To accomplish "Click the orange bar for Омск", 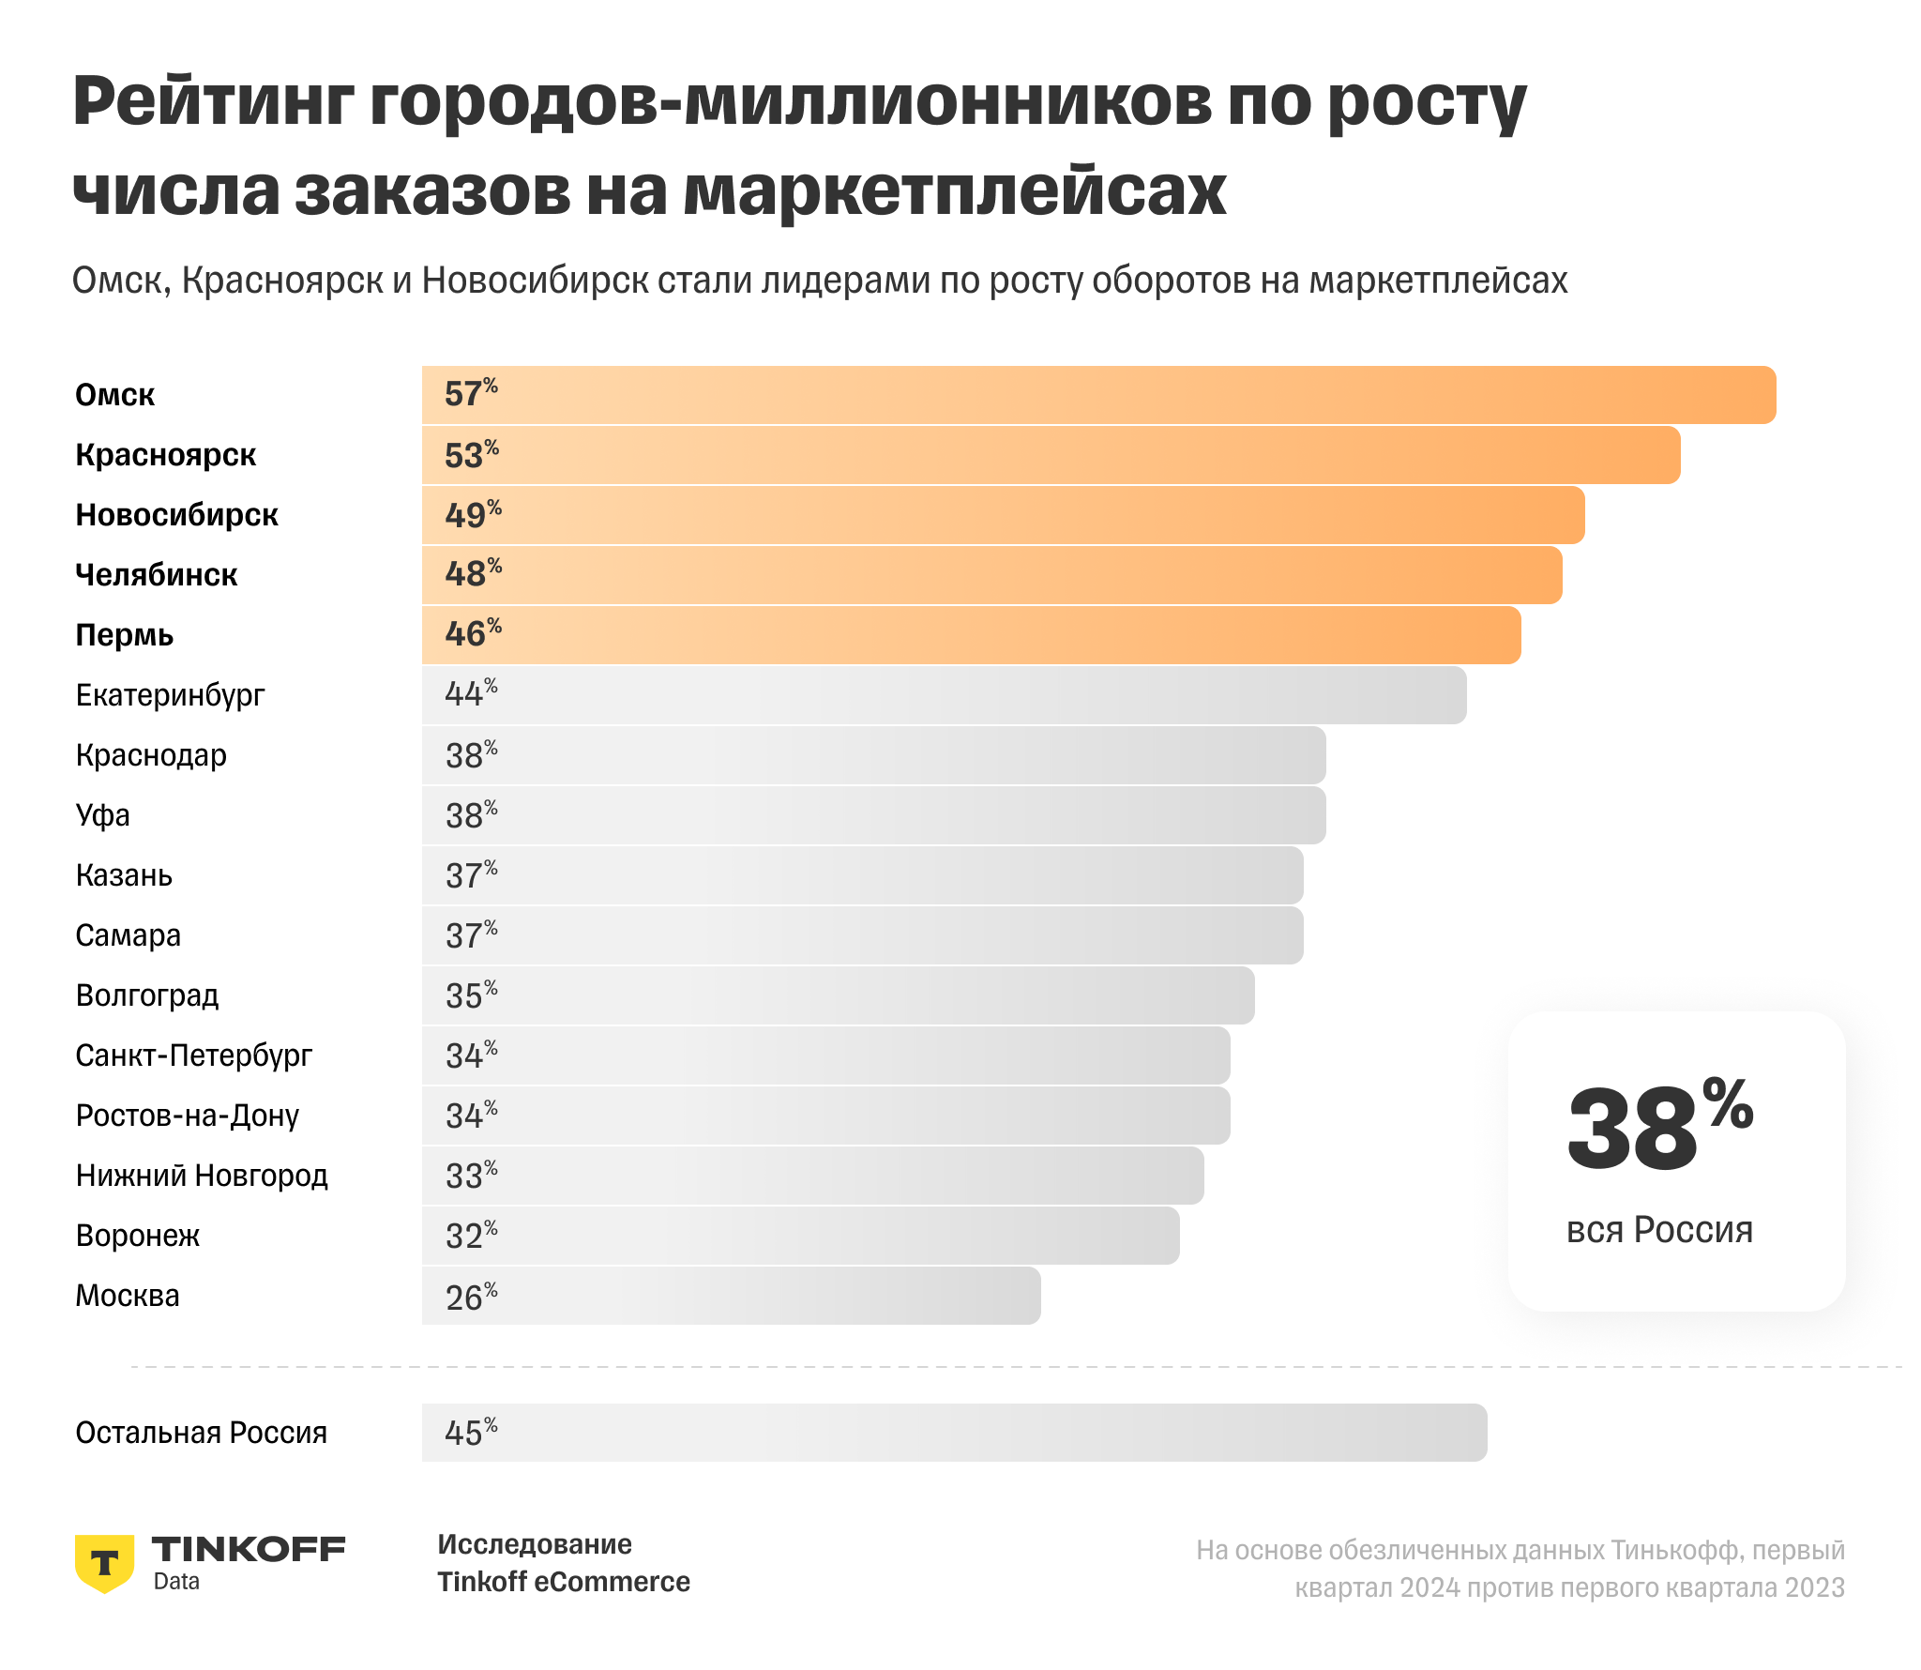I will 1097,395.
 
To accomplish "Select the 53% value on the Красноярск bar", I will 471,455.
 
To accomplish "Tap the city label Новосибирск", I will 176,515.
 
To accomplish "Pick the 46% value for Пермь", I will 473,634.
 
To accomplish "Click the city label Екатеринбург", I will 170,695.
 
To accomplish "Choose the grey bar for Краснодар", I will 872,755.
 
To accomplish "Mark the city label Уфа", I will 102,815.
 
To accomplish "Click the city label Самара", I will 128,935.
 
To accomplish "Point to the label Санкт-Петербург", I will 193,1055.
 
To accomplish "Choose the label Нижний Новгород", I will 202,1176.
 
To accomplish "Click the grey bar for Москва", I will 732,1296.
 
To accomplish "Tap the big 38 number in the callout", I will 1632,1130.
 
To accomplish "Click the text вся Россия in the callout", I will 1659,1230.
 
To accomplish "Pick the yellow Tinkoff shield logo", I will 104,1563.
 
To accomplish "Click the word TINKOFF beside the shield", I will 249,1549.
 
